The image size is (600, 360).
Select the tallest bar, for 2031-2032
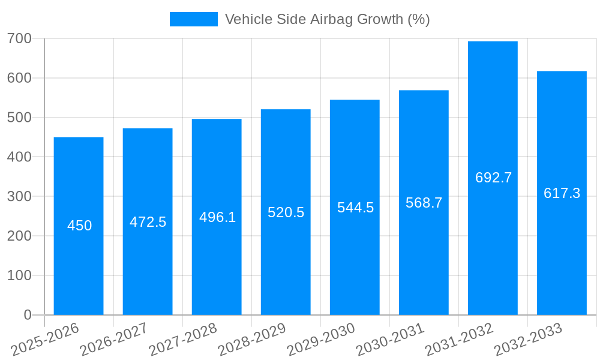click(x=493, y=120)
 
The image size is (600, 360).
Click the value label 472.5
click(x=148, y=222)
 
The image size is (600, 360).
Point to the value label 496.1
click(x=217, y=217)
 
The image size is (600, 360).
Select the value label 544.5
click(x=355, y=208)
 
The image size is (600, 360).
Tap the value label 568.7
click(x=424, y=203)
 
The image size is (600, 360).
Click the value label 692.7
click(x=493, y=178)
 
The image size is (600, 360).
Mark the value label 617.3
click(x=562, y=193)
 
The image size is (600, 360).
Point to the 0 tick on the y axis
click(x=28, y=315)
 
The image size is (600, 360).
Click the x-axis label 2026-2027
click(x=114, y=340)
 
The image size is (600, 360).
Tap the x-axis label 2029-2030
click(x=321, y=340)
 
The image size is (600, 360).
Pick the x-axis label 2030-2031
click(x=390, y=340)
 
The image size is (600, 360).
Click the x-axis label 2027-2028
click(x=183, y=340)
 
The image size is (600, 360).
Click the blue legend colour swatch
click(x=193, y=19)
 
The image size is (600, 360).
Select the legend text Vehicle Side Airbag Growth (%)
click(x=327, y=19)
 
